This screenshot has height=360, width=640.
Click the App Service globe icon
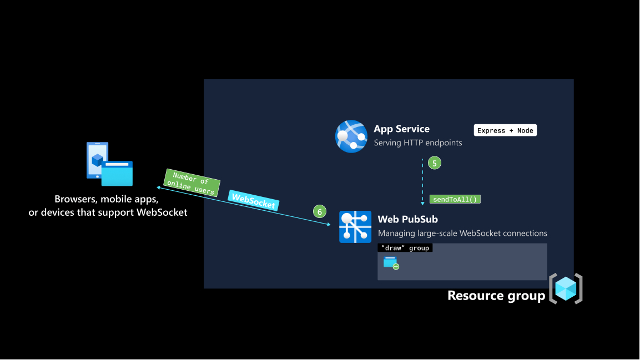351,136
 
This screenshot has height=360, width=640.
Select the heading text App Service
401,129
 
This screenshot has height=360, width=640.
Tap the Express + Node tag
505,130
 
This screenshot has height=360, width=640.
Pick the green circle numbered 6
319,211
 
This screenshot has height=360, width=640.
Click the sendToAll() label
455,199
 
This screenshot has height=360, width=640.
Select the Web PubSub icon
355,227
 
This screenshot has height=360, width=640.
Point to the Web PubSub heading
407,220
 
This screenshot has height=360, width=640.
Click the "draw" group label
405,248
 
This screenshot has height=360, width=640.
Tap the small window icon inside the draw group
391,263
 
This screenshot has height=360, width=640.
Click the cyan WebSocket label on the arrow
253,201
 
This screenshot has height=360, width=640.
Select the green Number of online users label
192,183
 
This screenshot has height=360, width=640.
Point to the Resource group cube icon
566,288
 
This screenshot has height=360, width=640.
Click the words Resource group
496,296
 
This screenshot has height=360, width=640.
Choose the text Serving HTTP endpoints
417,143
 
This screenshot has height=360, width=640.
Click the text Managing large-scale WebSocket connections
462,234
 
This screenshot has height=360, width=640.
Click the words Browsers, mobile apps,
107,200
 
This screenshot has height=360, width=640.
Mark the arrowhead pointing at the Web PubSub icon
329,224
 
